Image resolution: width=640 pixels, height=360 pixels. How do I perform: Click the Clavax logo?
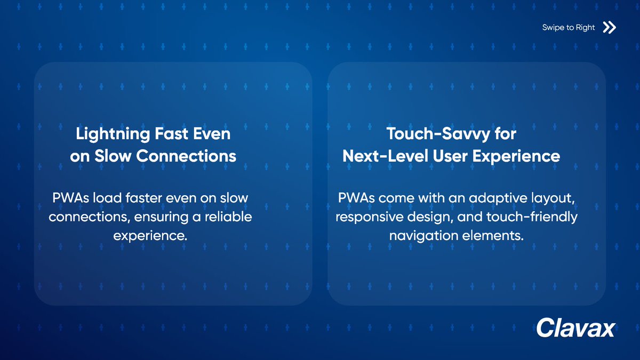point(575,327)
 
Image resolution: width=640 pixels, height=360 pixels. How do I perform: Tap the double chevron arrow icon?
point(609,28)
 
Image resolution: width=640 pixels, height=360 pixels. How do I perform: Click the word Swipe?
point(554,28)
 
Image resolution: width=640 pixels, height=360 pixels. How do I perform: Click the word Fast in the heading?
point(171,133)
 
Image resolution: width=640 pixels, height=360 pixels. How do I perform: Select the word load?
point(107,198)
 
